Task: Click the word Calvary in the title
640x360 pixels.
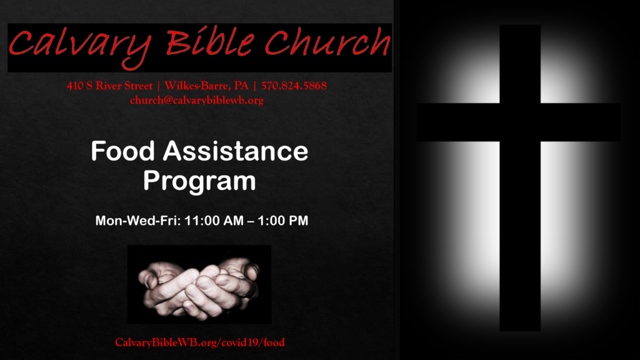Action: (x=80, y=46)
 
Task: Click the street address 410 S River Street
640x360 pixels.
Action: (x=110, y=86)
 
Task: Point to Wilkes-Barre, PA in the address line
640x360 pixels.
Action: (x=206, y=86)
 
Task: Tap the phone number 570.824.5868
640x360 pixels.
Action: (x=294, y=86)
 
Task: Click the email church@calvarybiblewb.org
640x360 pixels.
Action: (x=197, y=101)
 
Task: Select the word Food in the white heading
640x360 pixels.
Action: (x=123, y=151)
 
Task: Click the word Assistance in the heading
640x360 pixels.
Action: (x=236, y=151)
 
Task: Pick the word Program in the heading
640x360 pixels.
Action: (x=199, y=181)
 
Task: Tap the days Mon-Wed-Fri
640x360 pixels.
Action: (x=137, y=221)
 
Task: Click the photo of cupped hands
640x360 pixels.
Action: (x=199, y=284)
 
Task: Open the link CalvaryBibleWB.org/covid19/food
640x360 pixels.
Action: (x=200, y=342)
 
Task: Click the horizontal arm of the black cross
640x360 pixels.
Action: (x=518, y=122)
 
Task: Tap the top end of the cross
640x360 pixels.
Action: (x=520, y=25)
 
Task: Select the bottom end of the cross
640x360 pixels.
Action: (x=520, y=331)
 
